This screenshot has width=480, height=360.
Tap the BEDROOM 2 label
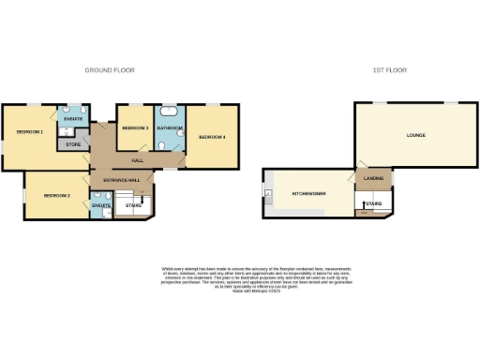pyautogui.click(x=57, y=195)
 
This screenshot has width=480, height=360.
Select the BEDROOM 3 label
pyautogui.click(x=135, y=127)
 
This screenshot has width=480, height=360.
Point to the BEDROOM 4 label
pyautogui.click(x=212, y=138)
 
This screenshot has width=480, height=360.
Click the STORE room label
pyautogui.click(x=72, y=145)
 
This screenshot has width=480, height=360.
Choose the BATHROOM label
pyautogui.click(x=170, y=127)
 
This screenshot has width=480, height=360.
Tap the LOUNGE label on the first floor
pyautogui.click(x=416, y=135)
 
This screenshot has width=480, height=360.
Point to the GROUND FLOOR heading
pyautogui.click(x=109, y=70)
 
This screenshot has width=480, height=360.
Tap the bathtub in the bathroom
pyautogui.click(x=171, y=112)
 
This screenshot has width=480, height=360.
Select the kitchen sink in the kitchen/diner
pyautogui.click(x=270, y=195)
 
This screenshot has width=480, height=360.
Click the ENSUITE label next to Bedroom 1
pyautogui.click(x=74, y=118)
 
